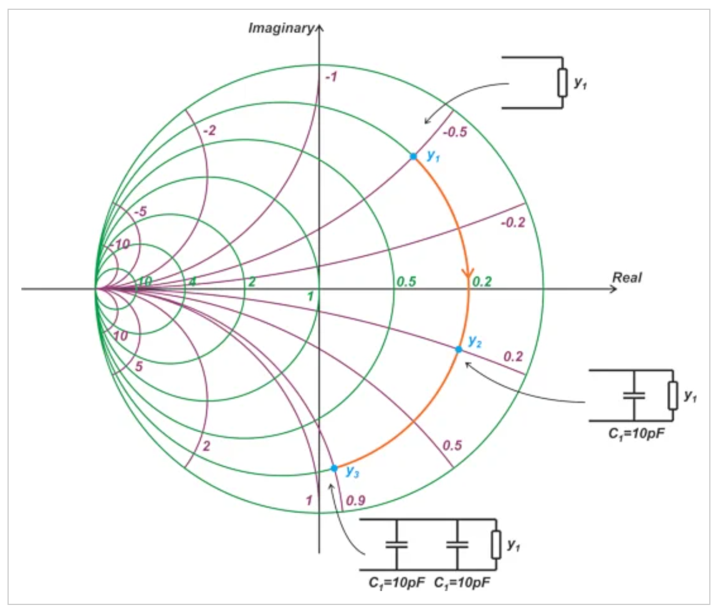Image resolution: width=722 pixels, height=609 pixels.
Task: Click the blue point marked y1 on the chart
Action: point(413,156)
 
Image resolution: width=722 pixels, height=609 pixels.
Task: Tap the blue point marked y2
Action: point(459,350)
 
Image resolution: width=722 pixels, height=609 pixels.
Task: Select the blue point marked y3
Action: point(334,469)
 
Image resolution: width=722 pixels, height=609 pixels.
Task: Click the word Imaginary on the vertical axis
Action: point(281,28)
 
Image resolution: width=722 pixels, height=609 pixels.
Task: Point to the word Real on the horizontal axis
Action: point(627,277)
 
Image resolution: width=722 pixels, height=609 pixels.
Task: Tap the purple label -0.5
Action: point(455,132)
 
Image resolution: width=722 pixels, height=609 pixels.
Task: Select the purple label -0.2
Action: point(513,222)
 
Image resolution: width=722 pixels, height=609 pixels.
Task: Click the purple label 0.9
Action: point(356,500)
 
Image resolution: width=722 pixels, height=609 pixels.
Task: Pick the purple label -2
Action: point(210,131)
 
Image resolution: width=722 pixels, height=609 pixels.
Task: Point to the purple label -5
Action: point(140,211)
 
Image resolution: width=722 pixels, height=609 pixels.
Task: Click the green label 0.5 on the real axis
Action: point(406,282)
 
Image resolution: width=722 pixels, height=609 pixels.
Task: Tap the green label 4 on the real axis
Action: point(192,282)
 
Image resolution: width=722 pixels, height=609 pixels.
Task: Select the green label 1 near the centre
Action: point(310,296)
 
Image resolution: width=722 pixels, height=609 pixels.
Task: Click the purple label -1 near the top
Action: point(331,77)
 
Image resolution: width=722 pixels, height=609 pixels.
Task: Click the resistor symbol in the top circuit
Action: point(562,83)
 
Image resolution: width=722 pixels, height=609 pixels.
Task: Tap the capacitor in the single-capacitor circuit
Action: point(634,396)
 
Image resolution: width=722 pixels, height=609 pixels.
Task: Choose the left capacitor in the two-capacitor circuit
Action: point(397,545)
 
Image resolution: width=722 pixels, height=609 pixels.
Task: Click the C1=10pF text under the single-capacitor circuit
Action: point(636,434)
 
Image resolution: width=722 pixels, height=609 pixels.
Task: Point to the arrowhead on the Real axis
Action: point(613,288)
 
